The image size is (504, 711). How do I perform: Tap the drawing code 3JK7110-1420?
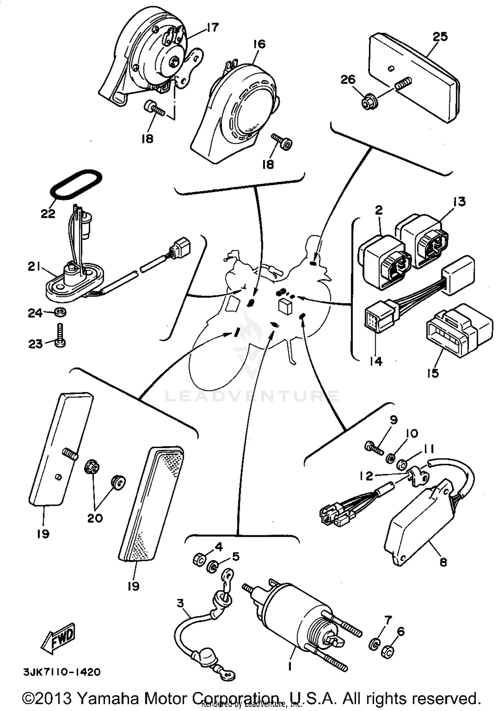pyautogui.click(x=62, y=672)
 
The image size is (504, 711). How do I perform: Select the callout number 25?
pyautogui.click(x=440, y=36)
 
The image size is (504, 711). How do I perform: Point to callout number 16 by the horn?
pyautogui.click(x=259, y=44)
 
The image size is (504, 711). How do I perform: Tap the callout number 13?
pyautogui.click(x=459, y=201)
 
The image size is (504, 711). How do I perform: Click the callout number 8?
pyautogui.click(x=443, y=562)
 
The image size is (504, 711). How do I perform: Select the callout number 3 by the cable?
pyautogui.click(x=180, y=603)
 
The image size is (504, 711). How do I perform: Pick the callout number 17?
pyautogui.click(x=212, y=27)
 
